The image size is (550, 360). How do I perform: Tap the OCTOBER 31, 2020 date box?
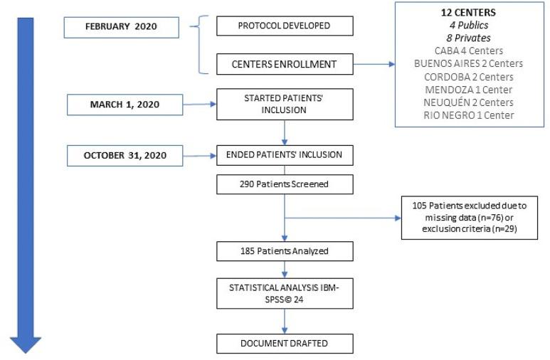point(125,155)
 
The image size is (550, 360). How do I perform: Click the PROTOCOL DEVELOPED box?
point(285,27)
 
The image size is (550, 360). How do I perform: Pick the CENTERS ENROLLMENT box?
point(285,65)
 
